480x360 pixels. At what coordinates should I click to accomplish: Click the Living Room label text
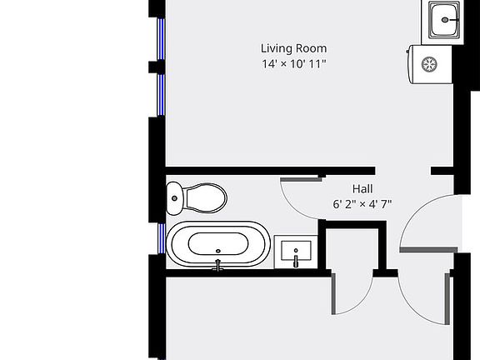pyautogui.click(x=293, y=48)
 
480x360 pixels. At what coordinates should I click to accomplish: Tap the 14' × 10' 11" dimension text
pyautogui.click(x=293, y=63)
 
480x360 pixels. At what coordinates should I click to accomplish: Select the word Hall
pyautogui.click(x=362, y=188)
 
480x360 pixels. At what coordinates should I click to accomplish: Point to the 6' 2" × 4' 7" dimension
pyautogui.click(x=362, y=203)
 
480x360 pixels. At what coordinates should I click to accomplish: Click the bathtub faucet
pyautogui.click(x=218, y=265)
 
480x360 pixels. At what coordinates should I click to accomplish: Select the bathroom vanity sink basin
pyautogui.click(x=296, y=250)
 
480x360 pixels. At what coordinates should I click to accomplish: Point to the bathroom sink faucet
pyautogui.click(x=296, y=262)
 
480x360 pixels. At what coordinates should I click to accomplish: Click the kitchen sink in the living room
pyautogui.click(x=444, y=19)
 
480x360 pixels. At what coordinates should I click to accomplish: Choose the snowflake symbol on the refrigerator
pyautogui.click(x=431, y=63)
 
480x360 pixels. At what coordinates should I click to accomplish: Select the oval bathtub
pyautogui.click(x=218, y=245)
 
